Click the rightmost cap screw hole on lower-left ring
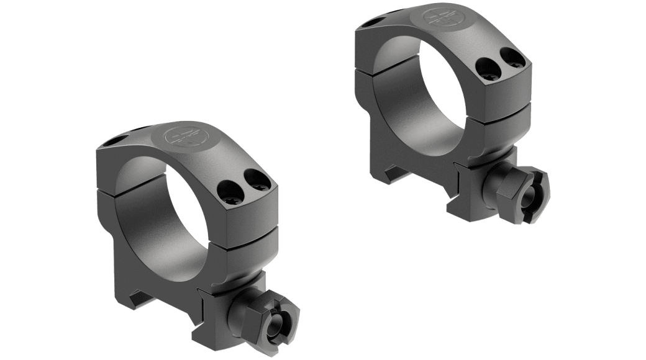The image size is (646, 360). click(254, 179)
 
